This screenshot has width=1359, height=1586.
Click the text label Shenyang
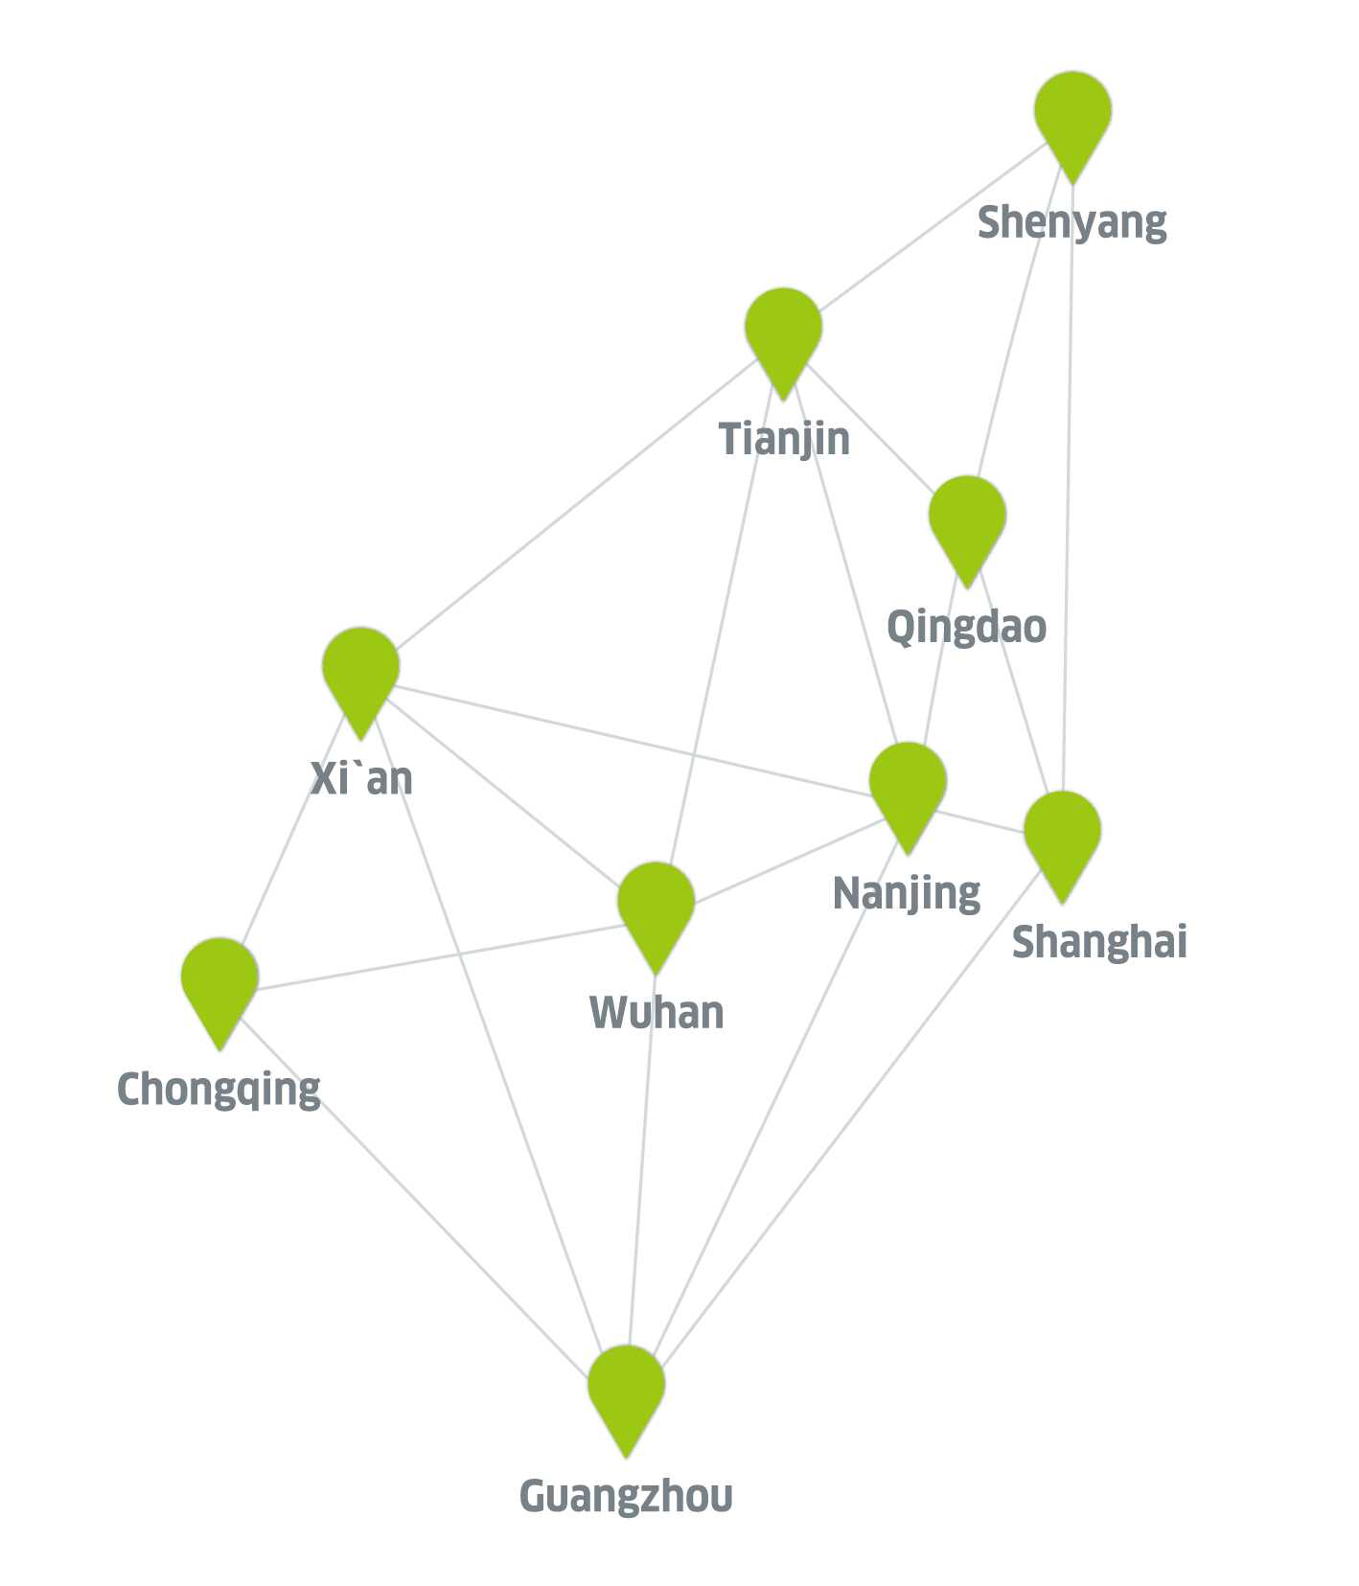pos(1071,223)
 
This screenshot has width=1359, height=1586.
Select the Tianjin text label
pos(784,440)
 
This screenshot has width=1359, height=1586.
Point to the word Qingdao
pos(966,628)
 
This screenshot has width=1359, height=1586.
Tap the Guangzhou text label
pos(626,1496)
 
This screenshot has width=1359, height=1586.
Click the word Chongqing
pos(219,1091)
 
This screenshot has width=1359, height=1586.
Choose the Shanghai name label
pos(1099,942)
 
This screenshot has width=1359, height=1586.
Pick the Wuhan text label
pos(656,1013)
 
